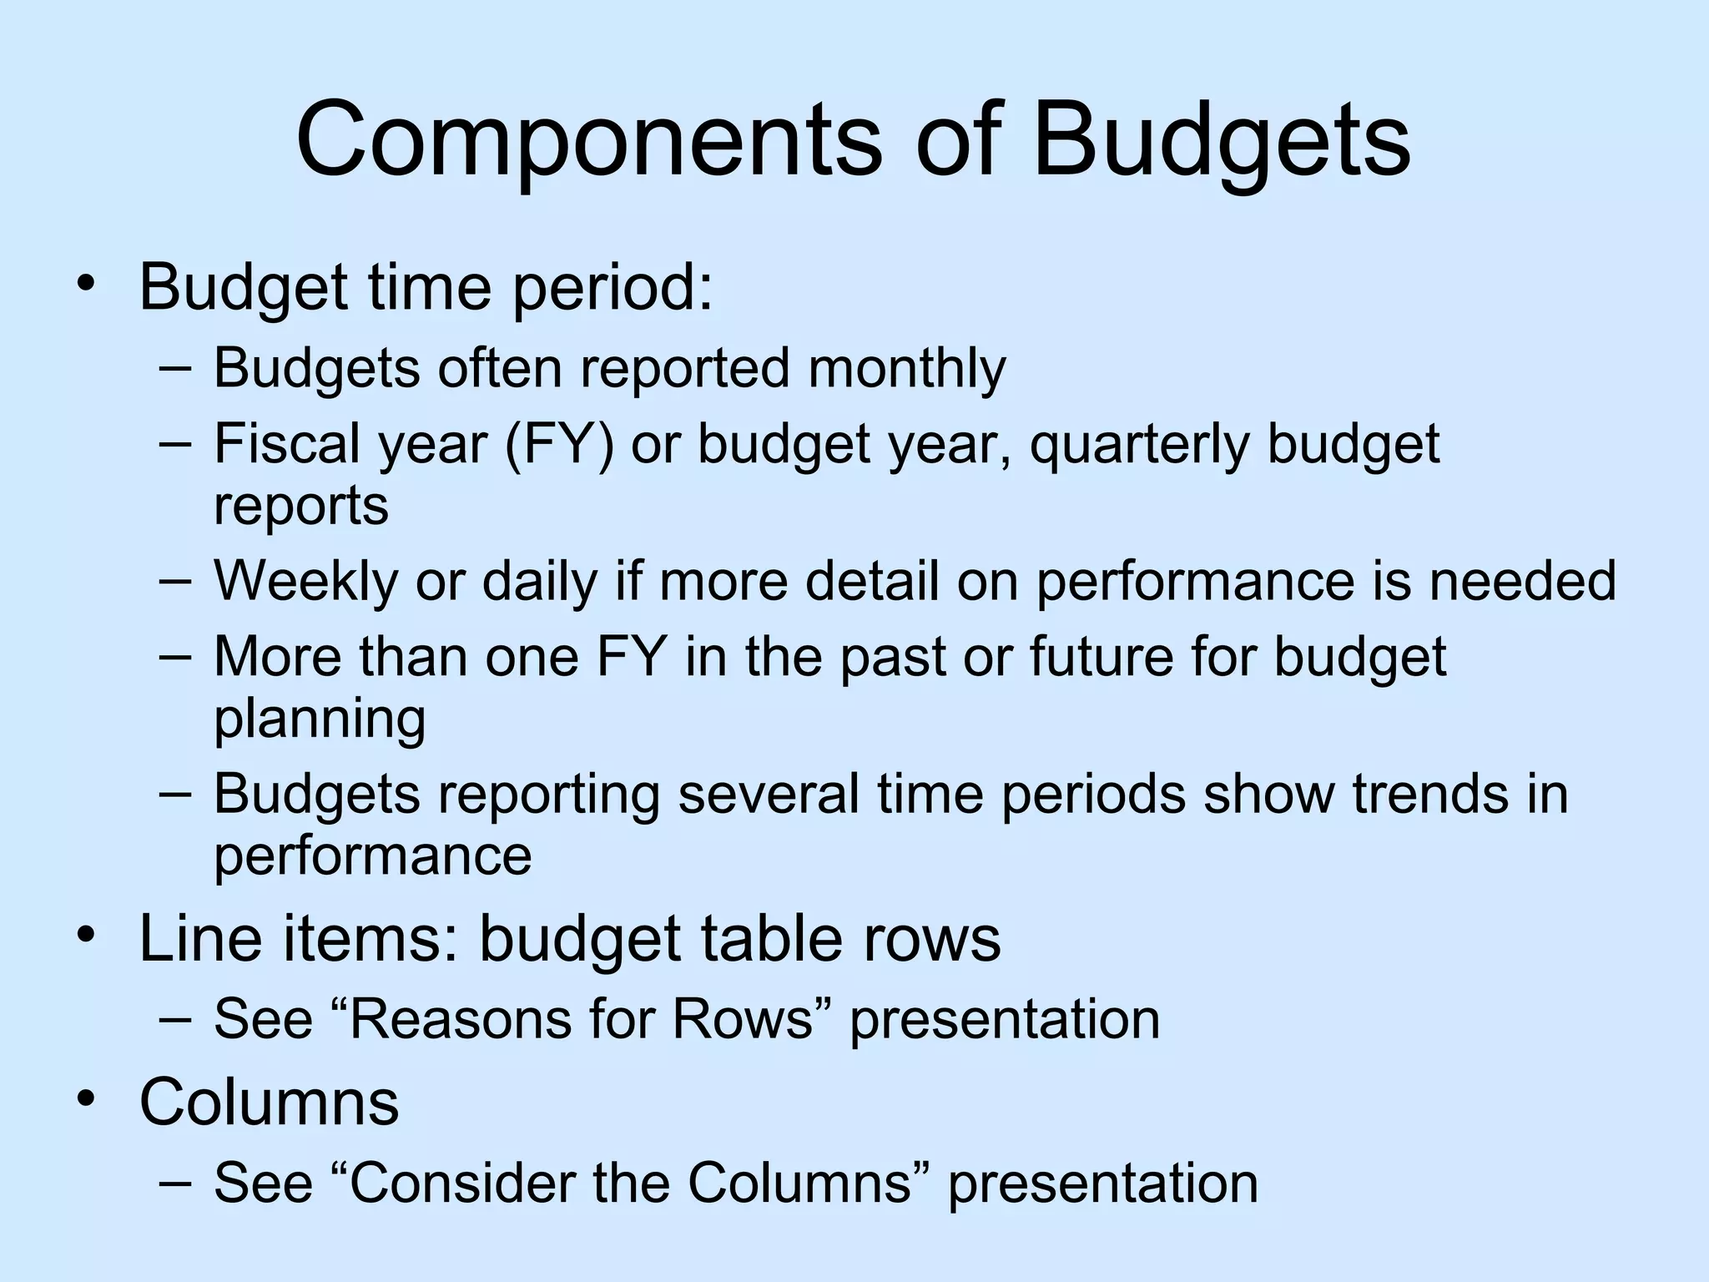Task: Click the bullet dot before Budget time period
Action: click(84, 285)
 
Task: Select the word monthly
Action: click(907, 368)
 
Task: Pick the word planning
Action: click(320, 719)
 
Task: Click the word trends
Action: click(1430, 794)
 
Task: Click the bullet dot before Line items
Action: click(84, 934)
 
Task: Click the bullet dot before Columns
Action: click(84, 1098)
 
